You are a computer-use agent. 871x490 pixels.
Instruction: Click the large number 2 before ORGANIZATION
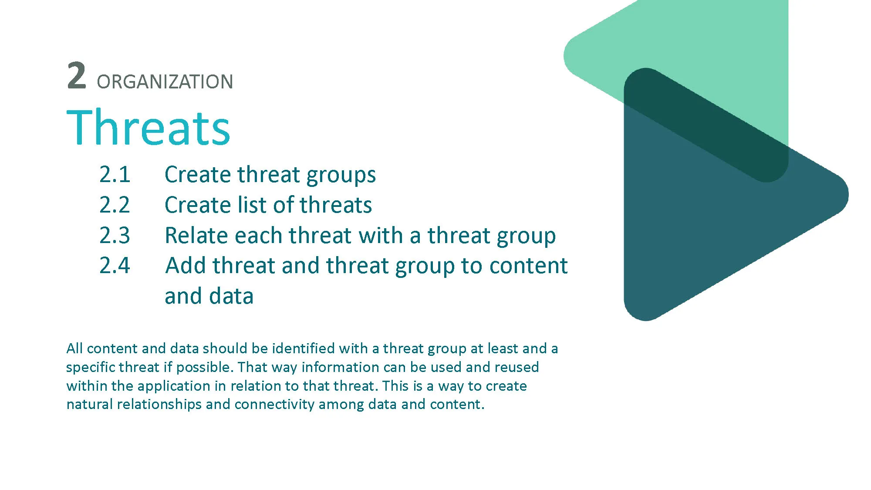coord(77,75)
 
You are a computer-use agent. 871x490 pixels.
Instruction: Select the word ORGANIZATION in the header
coord(165,82)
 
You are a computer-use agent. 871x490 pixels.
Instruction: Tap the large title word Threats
coord(148,127)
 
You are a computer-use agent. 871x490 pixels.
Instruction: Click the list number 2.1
coord(115,174)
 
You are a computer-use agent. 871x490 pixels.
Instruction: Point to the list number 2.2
coord(115,205)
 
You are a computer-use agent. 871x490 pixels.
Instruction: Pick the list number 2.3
coord(115,235)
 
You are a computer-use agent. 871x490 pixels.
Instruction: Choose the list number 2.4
coord(115,265)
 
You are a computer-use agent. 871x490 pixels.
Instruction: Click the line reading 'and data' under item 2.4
coord(209,296)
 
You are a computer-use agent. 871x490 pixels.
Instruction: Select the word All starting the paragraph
coord(74,348)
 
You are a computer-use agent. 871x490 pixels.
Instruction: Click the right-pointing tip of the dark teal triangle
coord(847,194)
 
